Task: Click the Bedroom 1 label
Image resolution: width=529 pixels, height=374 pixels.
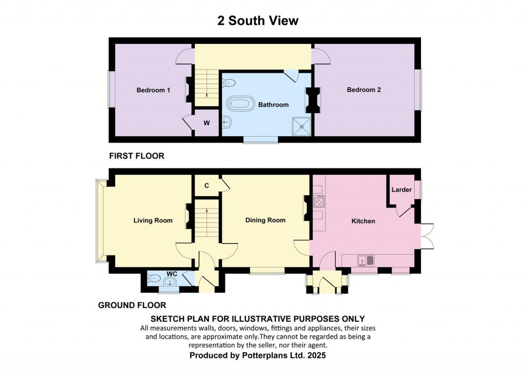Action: pyautogui.click(x=153, y=90)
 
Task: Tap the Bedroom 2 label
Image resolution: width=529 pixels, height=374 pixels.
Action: pyautogui.click(x=364, y=90)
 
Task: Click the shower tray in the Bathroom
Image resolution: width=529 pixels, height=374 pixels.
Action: pyautogui.click(x=301, y=126)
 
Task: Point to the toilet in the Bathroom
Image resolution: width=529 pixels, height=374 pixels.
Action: pyautogui.click(x=229, y=82)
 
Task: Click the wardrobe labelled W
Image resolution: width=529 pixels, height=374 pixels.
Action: pyautogui.click(x=207, y=123)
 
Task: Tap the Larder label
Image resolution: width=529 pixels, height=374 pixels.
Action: pyautogui.click(x=401, y=190)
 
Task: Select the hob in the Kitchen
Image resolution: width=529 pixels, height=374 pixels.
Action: pyautogui.click(x=319, y=201)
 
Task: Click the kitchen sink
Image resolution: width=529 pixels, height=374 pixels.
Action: pyautogui.click(x=366, y=261)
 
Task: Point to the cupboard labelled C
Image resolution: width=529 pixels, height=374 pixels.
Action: pyautogui.click(x=207, y=186)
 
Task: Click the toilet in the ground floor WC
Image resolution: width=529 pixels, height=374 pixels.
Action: pyautogui.click(x=153, y=279)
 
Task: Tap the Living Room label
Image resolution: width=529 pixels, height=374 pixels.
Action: pyautogui.click(x=153, y=220)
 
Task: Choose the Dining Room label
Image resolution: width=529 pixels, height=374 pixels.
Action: pyautogui.click(x=265, y=220)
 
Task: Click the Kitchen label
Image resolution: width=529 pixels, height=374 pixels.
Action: pyautogui.click(x=363, y=221)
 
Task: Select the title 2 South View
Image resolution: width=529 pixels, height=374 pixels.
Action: pyautogui.click(x=258, y=21)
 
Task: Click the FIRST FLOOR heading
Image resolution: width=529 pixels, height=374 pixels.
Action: pyautogui.click(x=136, y=156)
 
